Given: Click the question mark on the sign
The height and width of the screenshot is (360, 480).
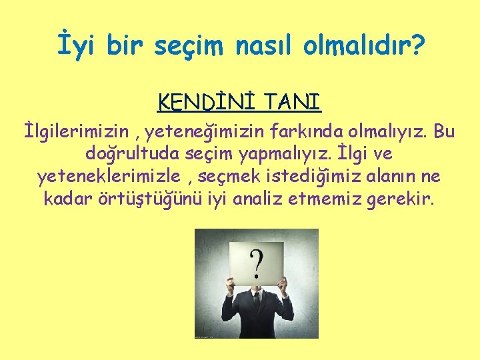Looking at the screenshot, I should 255,265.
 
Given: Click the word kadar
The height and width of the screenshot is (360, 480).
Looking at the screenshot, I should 65,198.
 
